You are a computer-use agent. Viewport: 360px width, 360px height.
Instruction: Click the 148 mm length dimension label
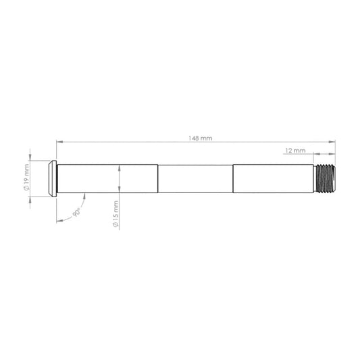[200, 138]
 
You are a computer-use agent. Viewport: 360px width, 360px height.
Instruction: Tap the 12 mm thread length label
[295, 151]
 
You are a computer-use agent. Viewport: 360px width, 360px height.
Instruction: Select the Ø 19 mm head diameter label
[26, 177]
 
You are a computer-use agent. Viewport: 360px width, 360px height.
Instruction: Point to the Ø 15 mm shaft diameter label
[115, 214]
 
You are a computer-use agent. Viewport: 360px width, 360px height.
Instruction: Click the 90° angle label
[76, 213]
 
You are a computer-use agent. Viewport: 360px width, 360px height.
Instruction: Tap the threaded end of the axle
[324, 178]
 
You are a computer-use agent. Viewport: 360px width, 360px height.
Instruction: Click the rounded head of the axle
[53, 178]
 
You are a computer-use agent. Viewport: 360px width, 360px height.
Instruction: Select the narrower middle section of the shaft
[195, 178]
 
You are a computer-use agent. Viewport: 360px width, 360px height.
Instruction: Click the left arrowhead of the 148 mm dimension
[59, 142]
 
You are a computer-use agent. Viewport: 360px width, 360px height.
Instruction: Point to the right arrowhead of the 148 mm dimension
[332, 142]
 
